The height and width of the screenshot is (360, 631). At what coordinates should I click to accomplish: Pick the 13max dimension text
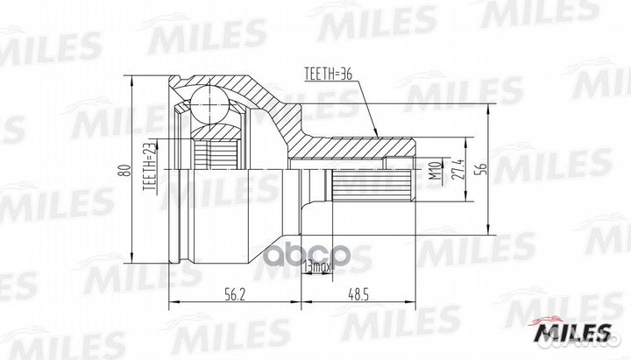[x=315, y=265]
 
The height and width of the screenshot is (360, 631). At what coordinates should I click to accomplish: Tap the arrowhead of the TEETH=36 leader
[x=377, y=137]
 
